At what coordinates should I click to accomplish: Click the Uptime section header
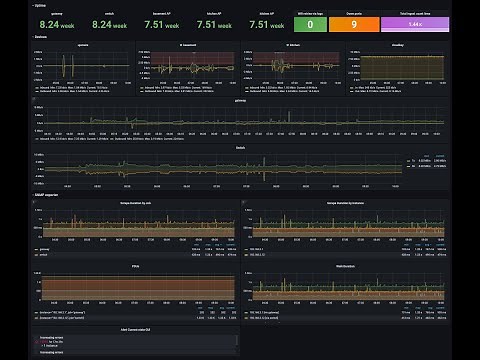[x=40, y=5]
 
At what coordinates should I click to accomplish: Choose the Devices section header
[x=40, y=36]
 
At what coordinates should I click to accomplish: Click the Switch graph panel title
[x=240, y=146]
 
